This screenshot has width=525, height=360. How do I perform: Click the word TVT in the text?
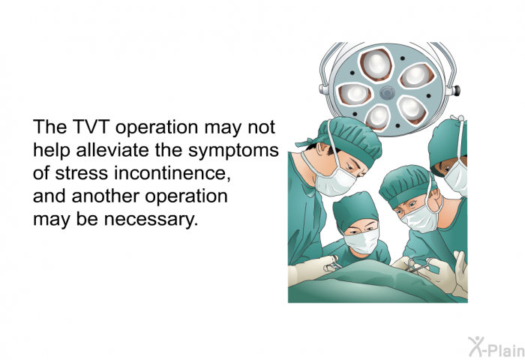[x=91, y=127]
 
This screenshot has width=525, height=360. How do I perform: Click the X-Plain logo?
[x=496, y=347]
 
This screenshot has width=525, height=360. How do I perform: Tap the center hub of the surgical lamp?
[x=387, y=92]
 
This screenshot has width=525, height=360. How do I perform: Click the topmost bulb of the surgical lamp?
[x=376, y=64]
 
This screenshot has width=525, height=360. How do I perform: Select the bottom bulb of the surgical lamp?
[x=378, y=117]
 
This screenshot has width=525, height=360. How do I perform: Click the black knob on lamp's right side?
[x=457, y=90]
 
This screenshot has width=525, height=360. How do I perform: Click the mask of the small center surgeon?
[x=361, y=241]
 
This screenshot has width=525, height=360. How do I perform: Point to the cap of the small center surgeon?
[x=355, y=211]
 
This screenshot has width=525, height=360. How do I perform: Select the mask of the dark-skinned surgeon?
[x=457, y=178]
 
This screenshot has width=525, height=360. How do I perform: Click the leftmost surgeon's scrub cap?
[x=348, y=139]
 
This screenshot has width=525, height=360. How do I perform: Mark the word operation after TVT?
[x=157, y=128]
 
